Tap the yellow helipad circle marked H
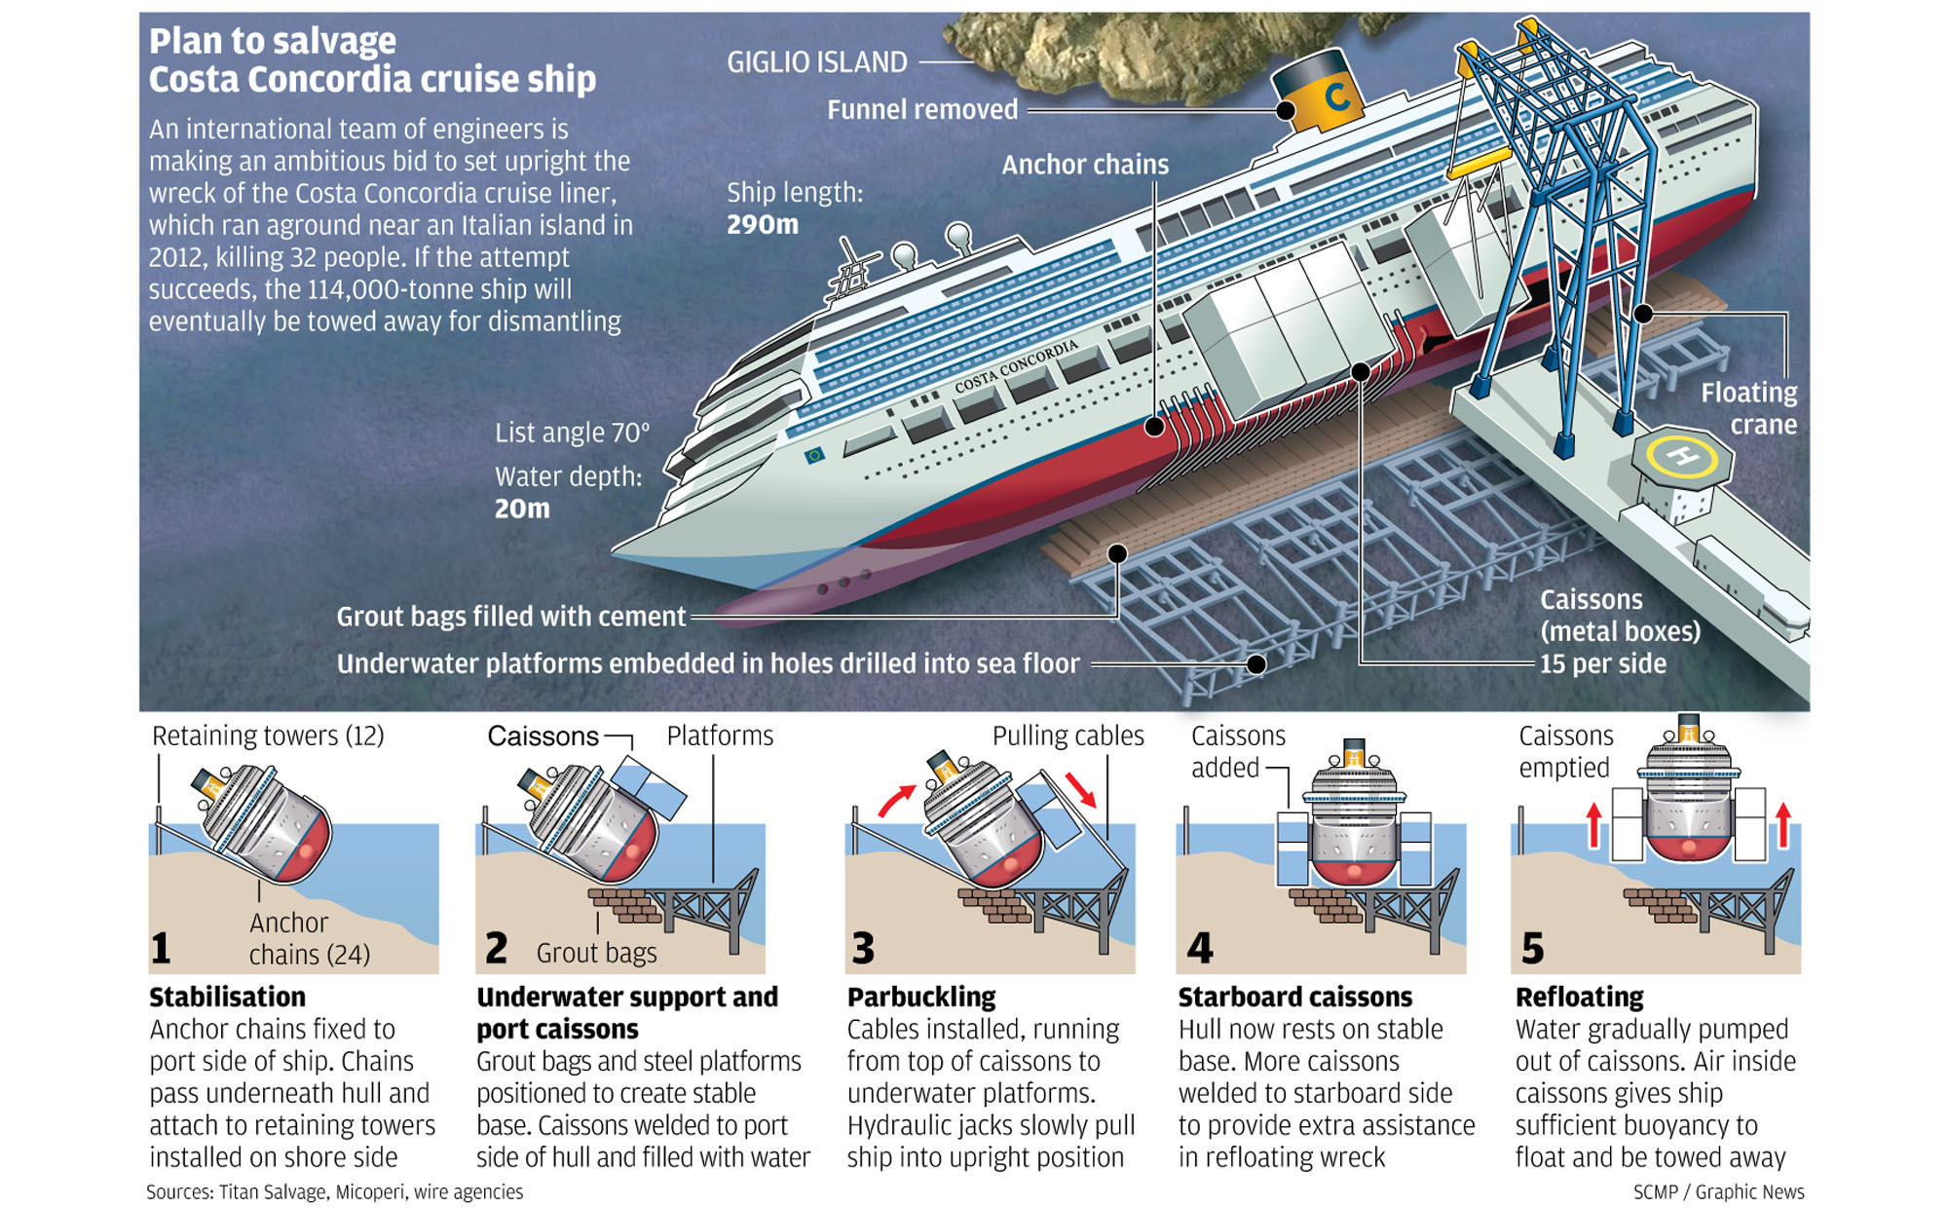click(1682, 456)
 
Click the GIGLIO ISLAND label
click(816, 62)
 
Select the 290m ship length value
click(762, 225)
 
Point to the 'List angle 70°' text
click(572, 433)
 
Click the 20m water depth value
click(522, 509)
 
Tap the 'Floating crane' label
click(1749, 409)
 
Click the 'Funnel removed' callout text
click(921, 110)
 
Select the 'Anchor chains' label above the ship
click(1085, 165)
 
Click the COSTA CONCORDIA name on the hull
click(1016, 366)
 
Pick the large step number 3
click(863, 948)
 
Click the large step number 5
click(1532, 948)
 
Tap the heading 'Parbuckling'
click(921, 998)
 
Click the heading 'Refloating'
click(1579, 998)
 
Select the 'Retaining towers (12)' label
click(268, 736)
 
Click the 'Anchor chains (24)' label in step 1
click(309, 938)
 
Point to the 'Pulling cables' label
click(1068, 736)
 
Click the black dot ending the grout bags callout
click(1117, 553)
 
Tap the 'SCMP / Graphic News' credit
click(1718, 1191)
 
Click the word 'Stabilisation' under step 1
click(227, 998)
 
